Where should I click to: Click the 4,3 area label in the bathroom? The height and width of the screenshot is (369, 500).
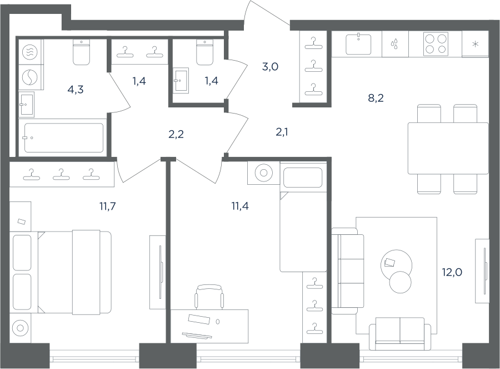click(76, 90)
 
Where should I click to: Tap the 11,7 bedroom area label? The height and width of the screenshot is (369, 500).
click(107, 206)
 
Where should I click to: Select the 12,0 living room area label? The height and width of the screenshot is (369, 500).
click(452, 273)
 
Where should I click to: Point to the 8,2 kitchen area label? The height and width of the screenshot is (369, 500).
click(376, 99)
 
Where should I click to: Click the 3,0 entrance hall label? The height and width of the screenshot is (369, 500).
click(270, 67)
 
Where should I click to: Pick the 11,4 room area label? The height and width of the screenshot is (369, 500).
click(240, 206)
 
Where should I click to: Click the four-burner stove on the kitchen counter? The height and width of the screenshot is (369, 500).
click(436, 44)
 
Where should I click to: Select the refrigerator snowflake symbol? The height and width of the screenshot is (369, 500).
click(475, 44)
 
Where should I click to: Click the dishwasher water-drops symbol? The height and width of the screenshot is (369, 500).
click(395, 44)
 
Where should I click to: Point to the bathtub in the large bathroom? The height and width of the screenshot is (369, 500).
click(64, 137)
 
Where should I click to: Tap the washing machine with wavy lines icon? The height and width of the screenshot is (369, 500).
click(30, 51)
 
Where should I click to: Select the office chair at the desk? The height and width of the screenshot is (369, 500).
click(209, 297)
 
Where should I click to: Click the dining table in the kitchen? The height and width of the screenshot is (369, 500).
click(448, 148)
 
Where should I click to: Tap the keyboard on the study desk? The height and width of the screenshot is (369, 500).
click(197, 336)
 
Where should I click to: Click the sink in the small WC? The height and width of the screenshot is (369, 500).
click(181, 81)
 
